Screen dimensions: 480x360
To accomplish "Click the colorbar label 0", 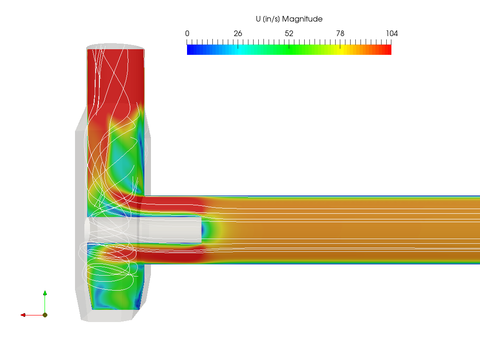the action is coord(187,33).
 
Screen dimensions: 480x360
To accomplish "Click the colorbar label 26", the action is coord(238,33).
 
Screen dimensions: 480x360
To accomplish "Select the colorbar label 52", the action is coord(289,33).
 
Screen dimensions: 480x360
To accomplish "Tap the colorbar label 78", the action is coord(340,33).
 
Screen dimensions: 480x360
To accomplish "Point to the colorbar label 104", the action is coord(392,33).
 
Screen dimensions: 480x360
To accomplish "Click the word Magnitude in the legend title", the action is coord(302,19).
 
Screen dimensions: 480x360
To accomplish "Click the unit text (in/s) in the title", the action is coord(271,19).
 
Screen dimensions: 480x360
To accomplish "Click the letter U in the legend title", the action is coord(258,19).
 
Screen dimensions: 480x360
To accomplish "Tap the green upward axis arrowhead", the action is coord(45,293).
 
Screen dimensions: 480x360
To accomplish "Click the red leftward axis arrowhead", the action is coord(23,315).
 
